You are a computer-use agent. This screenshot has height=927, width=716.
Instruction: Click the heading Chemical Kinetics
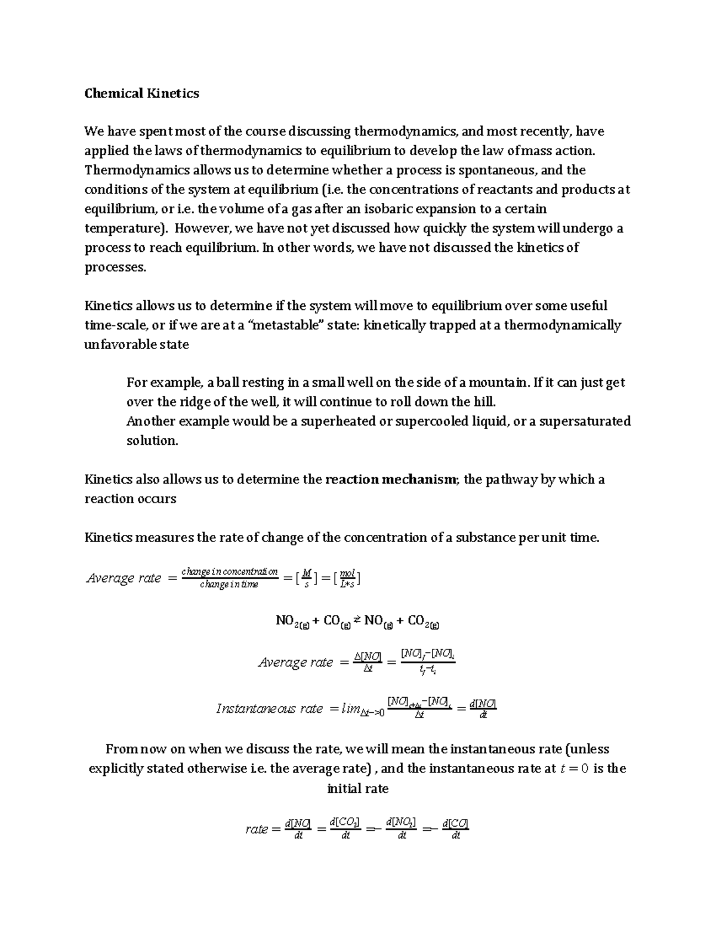pyautogui.click(x=141, y=93)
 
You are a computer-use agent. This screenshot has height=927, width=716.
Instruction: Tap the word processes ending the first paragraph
pyautogui.click(x=115, y=267)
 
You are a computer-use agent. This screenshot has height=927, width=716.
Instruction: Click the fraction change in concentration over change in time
pyautogui.click(x=230, y=578)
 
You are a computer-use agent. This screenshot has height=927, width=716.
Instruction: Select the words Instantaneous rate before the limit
pyautogui.click(x=269, y=709)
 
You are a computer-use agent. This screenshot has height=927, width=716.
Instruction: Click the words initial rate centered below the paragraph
pyautogui.click(x=357, y=789)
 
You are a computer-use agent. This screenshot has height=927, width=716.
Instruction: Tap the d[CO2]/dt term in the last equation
pyautogui.click(x=345, y=829)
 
